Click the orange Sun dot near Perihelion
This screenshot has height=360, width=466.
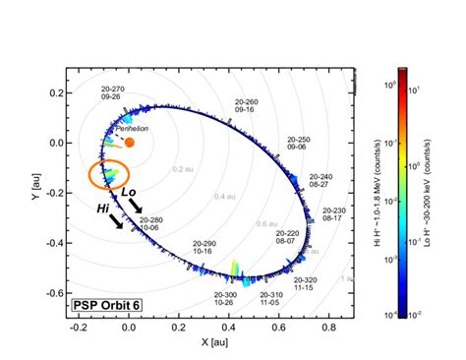130,143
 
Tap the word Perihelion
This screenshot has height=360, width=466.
132,128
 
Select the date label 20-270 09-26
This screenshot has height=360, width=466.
111,94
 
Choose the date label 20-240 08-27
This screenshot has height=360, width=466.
320,181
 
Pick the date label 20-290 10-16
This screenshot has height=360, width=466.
204,247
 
